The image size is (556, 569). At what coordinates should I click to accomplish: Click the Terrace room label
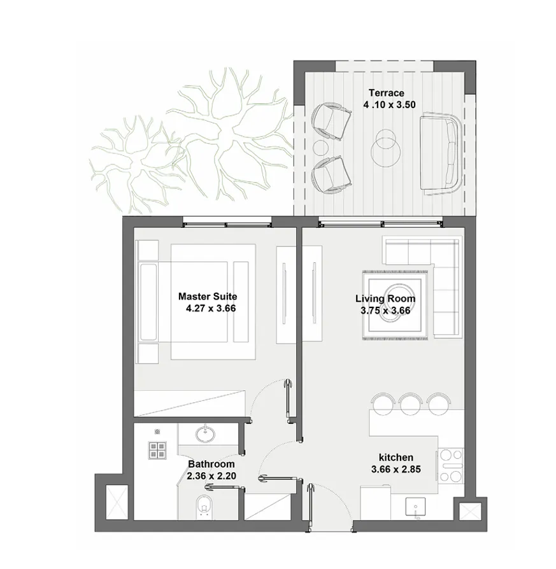385,94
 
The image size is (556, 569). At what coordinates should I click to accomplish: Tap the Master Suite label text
208,297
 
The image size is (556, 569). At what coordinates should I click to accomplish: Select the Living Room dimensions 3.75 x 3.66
385,311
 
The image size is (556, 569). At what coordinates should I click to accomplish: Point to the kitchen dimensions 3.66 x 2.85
396,470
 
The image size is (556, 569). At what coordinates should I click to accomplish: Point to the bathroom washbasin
204,435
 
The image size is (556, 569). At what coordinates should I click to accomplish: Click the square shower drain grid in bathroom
157,451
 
